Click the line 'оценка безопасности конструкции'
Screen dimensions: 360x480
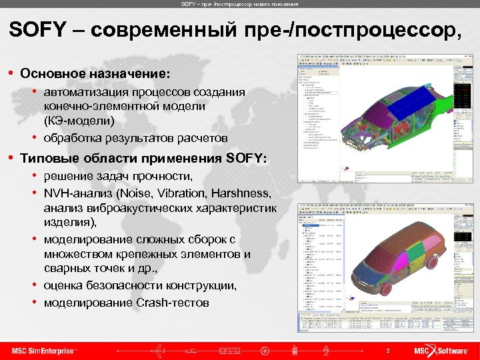click(x=140, y=285)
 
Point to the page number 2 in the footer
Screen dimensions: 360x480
click(x=387, y=351)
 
